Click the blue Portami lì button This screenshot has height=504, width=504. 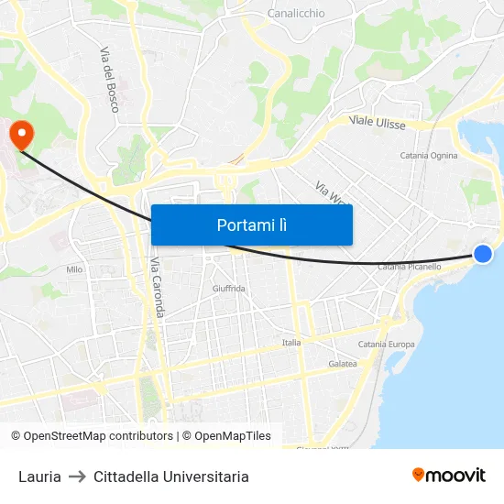click(251, 225)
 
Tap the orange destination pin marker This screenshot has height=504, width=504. click(21, 136)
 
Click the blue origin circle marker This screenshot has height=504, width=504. click(483, 254)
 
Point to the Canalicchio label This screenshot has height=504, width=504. click(296, 14)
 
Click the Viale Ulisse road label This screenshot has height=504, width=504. click(377, 122)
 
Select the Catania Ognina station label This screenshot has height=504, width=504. click(429, 156)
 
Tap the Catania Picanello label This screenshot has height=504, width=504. click(409, 267)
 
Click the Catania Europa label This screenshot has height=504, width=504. click(386, 345)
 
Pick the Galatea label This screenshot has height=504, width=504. click(342, 364)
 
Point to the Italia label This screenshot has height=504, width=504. click(291, 343)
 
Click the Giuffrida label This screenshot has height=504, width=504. click(228, 289)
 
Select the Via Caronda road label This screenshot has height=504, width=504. click(157, 288)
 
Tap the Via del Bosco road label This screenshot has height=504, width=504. click(109, 80)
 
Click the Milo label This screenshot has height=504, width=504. click(74, 269)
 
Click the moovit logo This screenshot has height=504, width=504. click(449, 475)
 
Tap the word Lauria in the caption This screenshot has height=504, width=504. click(39, 477)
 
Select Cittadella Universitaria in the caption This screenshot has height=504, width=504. click(170, 477)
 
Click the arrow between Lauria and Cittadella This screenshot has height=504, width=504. click(77, 477)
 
